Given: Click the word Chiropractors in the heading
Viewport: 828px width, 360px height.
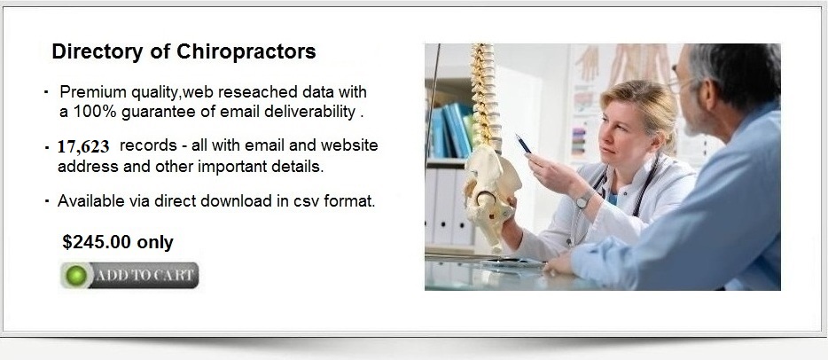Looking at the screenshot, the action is tap(246, 51).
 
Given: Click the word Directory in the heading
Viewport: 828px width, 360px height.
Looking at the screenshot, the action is tap(98, 51).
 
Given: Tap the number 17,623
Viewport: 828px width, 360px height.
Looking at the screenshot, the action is tap(83, 146).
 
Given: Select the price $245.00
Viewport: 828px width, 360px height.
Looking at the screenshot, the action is tap(97, 242).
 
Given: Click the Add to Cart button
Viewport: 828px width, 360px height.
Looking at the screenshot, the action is tap(129, 276).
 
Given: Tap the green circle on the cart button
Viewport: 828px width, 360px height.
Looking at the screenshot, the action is tap(76, 276).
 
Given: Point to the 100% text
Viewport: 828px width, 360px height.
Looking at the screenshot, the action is tap(95, 112).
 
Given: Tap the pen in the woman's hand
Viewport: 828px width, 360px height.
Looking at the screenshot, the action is tap(523, 144).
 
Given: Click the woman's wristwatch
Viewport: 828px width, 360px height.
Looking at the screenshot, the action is tap(584, 199).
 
